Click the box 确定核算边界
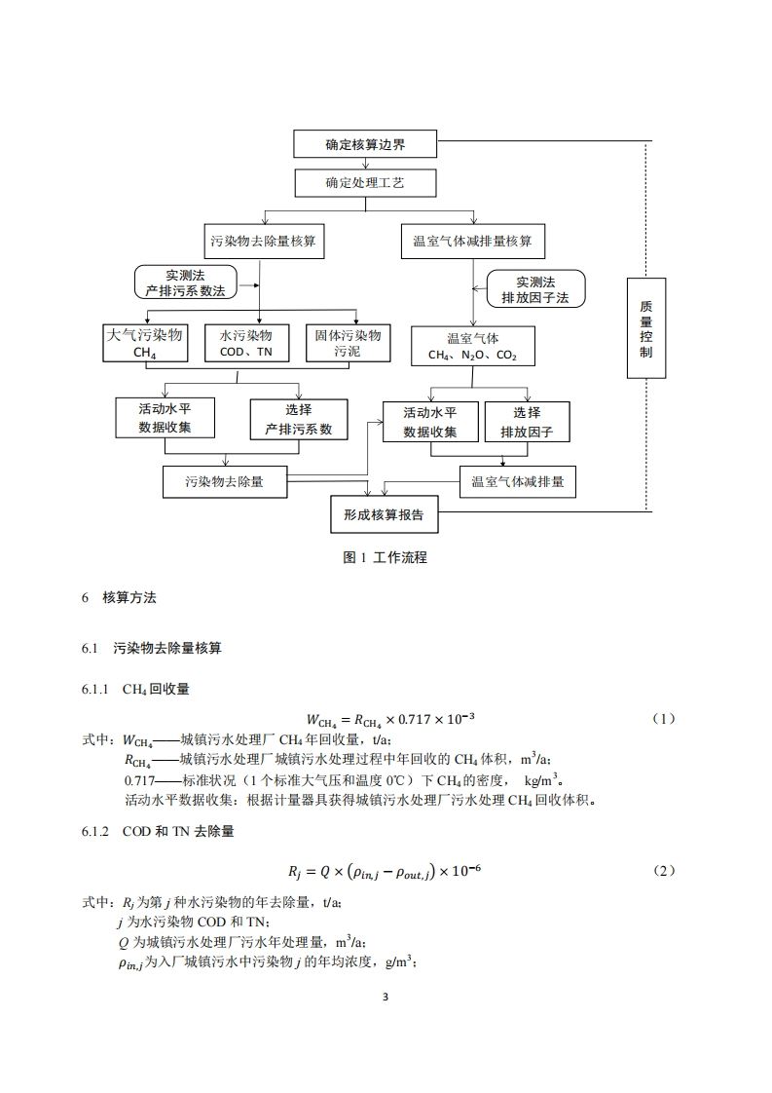365,145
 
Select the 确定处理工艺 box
365,183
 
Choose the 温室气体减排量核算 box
472,241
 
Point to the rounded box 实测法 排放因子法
534,287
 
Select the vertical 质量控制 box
645,327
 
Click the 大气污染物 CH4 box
145,344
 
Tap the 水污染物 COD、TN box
246,344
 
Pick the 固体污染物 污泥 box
348,344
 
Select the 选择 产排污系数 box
298,419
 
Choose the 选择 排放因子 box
527,422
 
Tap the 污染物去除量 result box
225,481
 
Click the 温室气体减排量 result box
517,481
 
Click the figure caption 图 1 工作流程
386,558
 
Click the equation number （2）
662,871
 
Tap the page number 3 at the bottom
386,998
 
